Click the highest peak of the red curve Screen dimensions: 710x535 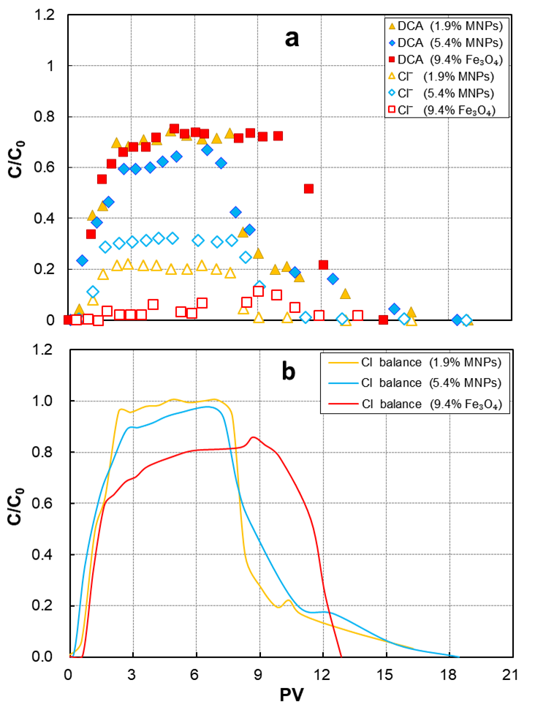[253, 437]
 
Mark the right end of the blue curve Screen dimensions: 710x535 [459, 656]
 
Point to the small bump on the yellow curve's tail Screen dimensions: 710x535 [289, 600]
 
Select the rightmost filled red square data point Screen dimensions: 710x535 [383, 320]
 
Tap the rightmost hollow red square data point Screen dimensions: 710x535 [357, 316]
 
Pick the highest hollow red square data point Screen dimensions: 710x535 [258, 291]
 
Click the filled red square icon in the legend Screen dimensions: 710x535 [392, 59]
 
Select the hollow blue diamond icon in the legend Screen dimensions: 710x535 [392, 93]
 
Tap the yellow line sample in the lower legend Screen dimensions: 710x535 [341, 363]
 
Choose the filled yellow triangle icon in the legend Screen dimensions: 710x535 [392, 26]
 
